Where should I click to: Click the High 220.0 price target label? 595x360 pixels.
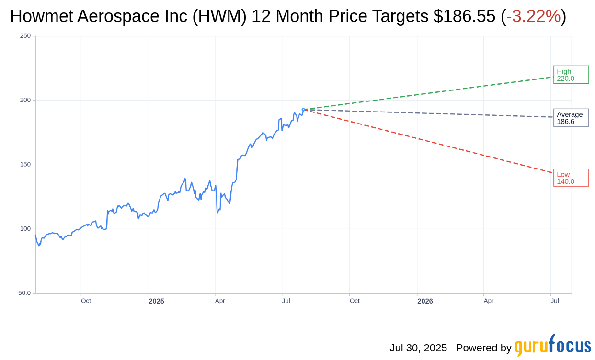tap(571, 75)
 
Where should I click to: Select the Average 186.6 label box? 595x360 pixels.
tap(571, 118)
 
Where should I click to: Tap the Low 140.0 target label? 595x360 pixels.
tap(571, 178)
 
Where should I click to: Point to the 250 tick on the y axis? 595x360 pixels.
tap(25, 36)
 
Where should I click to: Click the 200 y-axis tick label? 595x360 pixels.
tap(25, 100)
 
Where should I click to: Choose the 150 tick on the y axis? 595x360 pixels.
tap(25, 164)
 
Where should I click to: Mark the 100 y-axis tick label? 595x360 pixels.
tap(25, 228)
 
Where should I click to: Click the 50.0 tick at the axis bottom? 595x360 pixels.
tap(24, 292)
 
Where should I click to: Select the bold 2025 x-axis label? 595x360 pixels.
tap(156, 301)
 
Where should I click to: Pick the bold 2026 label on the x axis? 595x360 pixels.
tap(425, 301)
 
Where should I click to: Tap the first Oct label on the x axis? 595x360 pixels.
tap(86, 301)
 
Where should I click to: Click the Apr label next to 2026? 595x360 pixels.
tap(488, 301)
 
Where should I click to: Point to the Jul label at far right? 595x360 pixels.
tap(555, 301)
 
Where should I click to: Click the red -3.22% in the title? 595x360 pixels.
tap(533, 17)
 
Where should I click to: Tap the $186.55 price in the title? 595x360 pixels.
tap(464, 17)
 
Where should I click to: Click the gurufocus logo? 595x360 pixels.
tap(552, 346)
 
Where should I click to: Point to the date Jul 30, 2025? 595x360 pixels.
tap(418, 348)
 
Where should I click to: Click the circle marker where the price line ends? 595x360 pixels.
tap(303, 110)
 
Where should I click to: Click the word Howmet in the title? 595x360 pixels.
tap(40, 17)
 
